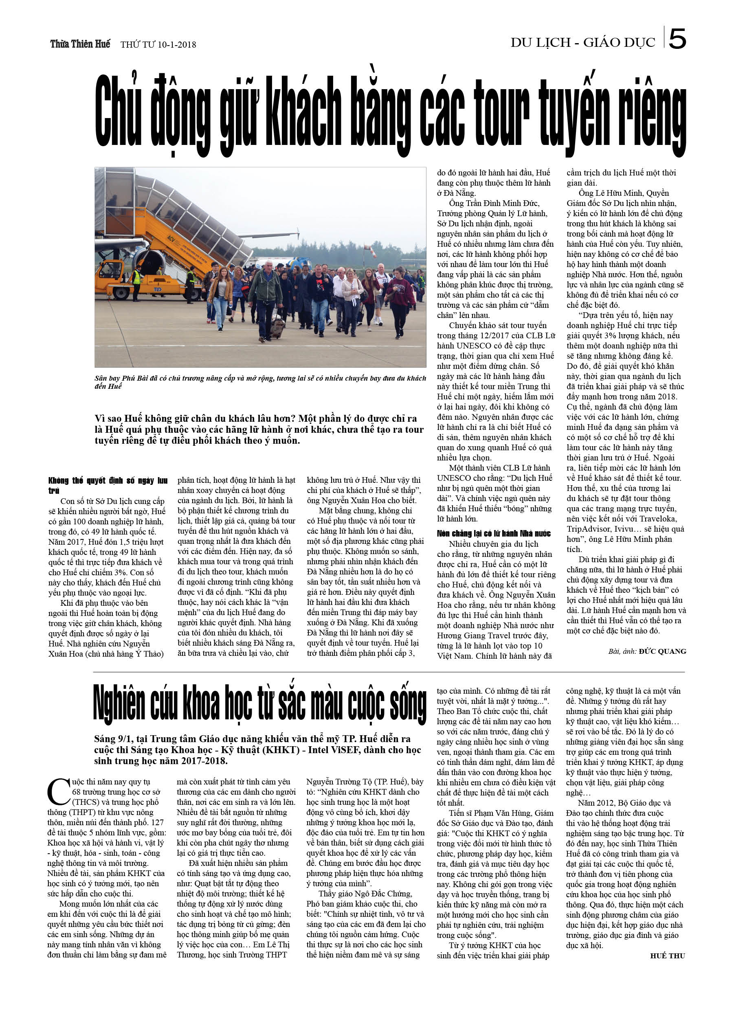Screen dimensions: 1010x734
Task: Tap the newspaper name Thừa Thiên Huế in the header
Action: (80, 44)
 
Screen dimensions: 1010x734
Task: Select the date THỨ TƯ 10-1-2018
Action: (158, 44)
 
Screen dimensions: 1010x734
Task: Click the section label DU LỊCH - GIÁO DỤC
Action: (582, 43)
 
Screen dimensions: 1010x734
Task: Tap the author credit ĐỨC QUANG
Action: (662, 651)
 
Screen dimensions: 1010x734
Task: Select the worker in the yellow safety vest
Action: (137, 283)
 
